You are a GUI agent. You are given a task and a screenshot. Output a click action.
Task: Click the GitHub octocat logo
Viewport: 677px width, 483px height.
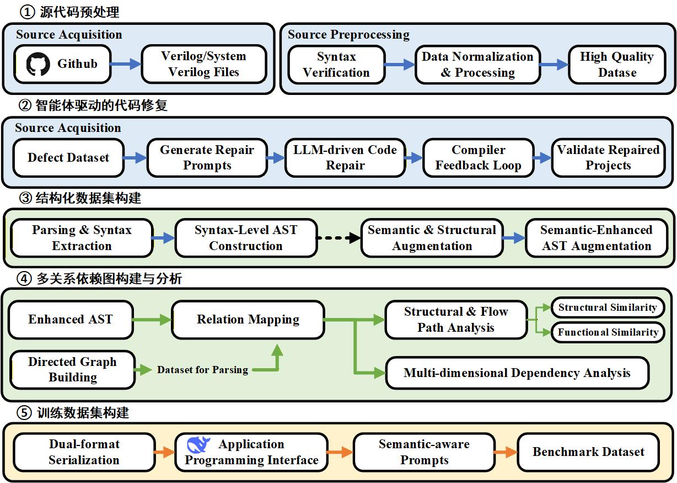[38, 64]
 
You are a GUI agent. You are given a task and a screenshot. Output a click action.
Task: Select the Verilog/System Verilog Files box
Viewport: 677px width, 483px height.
[203, 64]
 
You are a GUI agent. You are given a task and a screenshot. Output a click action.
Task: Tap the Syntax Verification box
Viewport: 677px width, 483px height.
[336, 65]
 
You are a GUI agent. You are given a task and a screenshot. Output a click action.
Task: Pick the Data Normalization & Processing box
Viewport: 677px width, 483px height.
[477, 65]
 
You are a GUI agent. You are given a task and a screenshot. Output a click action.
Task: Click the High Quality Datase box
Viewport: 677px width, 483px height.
[616, 65]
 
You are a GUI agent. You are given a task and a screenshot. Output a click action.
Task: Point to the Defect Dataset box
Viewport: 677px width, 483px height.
[68, 158]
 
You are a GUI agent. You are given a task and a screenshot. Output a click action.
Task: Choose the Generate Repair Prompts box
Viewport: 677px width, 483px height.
[207, 158]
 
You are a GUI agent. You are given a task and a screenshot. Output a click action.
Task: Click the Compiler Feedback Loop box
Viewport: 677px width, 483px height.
[478, 158]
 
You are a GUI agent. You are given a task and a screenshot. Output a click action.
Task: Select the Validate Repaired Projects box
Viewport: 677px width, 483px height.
[608, 158]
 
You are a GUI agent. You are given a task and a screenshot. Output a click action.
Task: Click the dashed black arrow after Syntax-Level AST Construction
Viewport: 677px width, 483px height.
[338, 238]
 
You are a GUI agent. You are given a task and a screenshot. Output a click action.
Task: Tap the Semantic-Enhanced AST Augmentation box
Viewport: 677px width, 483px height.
[597, 238]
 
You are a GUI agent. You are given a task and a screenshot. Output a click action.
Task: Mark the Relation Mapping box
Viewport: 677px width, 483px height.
[248, 320]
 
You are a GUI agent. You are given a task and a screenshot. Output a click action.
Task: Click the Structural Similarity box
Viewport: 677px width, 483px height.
[608, 307]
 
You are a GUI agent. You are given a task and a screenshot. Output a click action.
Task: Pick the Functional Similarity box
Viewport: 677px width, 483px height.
[608, 332]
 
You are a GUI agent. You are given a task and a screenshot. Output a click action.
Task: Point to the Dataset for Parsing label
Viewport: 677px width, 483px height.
[202, 370]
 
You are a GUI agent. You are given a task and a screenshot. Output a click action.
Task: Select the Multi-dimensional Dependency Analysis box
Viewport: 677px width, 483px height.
[517, 373]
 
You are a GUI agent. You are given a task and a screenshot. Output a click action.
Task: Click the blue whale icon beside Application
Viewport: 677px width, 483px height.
[198, 444]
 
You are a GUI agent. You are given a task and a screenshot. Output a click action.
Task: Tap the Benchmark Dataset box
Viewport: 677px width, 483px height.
[588, 452]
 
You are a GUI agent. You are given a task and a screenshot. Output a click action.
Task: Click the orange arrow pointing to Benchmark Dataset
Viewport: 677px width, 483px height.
[505, 453]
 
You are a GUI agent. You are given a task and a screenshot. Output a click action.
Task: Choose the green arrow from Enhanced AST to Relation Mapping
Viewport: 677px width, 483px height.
[152, 319]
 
